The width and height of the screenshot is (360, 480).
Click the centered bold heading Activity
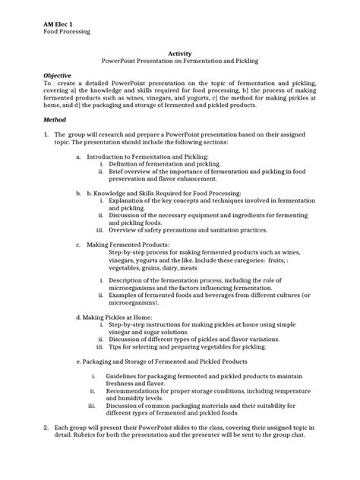(x=179, y=53)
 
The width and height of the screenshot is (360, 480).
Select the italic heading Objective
(x=58, y=76)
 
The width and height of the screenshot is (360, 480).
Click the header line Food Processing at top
(x=67, y=32)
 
